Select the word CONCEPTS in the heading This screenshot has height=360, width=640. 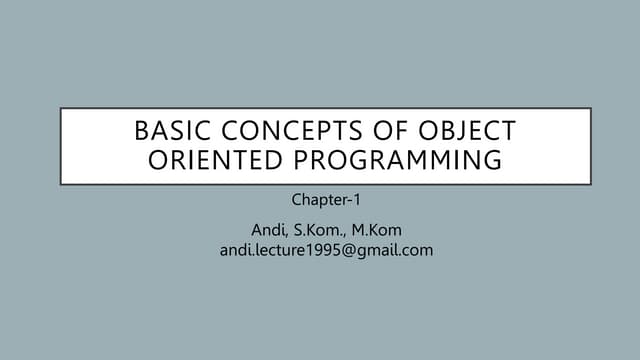[x=275, y=131]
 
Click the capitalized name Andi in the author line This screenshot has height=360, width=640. [x=267, y=232]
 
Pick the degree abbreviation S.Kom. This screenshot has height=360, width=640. [x=323, y=232]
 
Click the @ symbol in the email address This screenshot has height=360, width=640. [x=342, y=250]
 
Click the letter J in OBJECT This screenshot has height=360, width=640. [x=459, y=131]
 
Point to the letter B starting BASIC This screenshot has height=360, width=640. [x=142, y=131]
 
